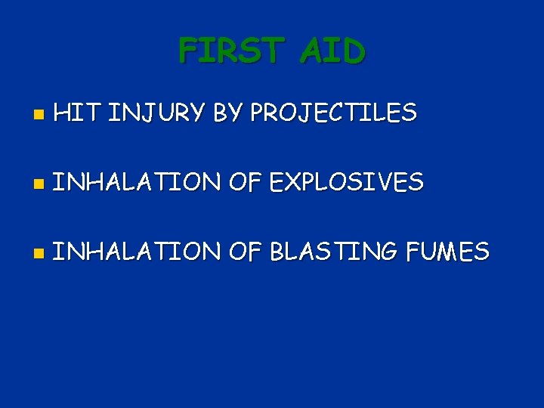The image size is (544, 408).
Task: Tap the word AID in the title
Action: [332, 51]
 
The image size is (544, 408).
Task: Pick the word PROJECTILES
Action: [333, 113]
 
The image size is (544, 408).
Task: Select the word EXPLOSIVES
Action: [347, 182]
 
